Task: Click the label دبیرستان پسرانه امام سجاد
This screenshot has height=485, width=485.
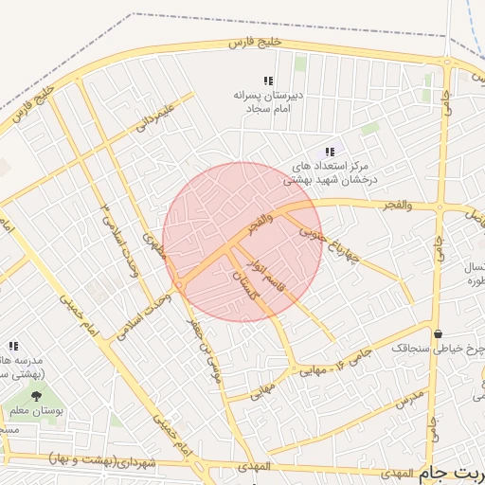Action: coord(267,101)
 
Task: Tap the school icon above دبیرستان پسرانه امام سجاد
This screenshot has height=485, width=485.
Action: coord(268,81)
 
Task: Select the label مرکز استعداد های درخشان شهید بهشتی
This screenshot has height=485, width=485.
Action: coord(327,171)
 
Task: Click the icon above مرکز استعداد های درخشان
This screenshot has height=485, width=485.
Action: coord(330,152)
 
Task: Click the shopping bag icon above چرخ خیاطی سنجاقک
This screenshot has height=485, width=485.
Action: coord(438,332)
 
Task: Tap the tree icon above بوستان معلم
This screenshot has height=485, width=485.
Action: coord(36,396)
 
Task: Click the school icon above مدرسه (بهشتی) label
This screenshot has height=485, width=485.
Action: coord(13,347)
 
